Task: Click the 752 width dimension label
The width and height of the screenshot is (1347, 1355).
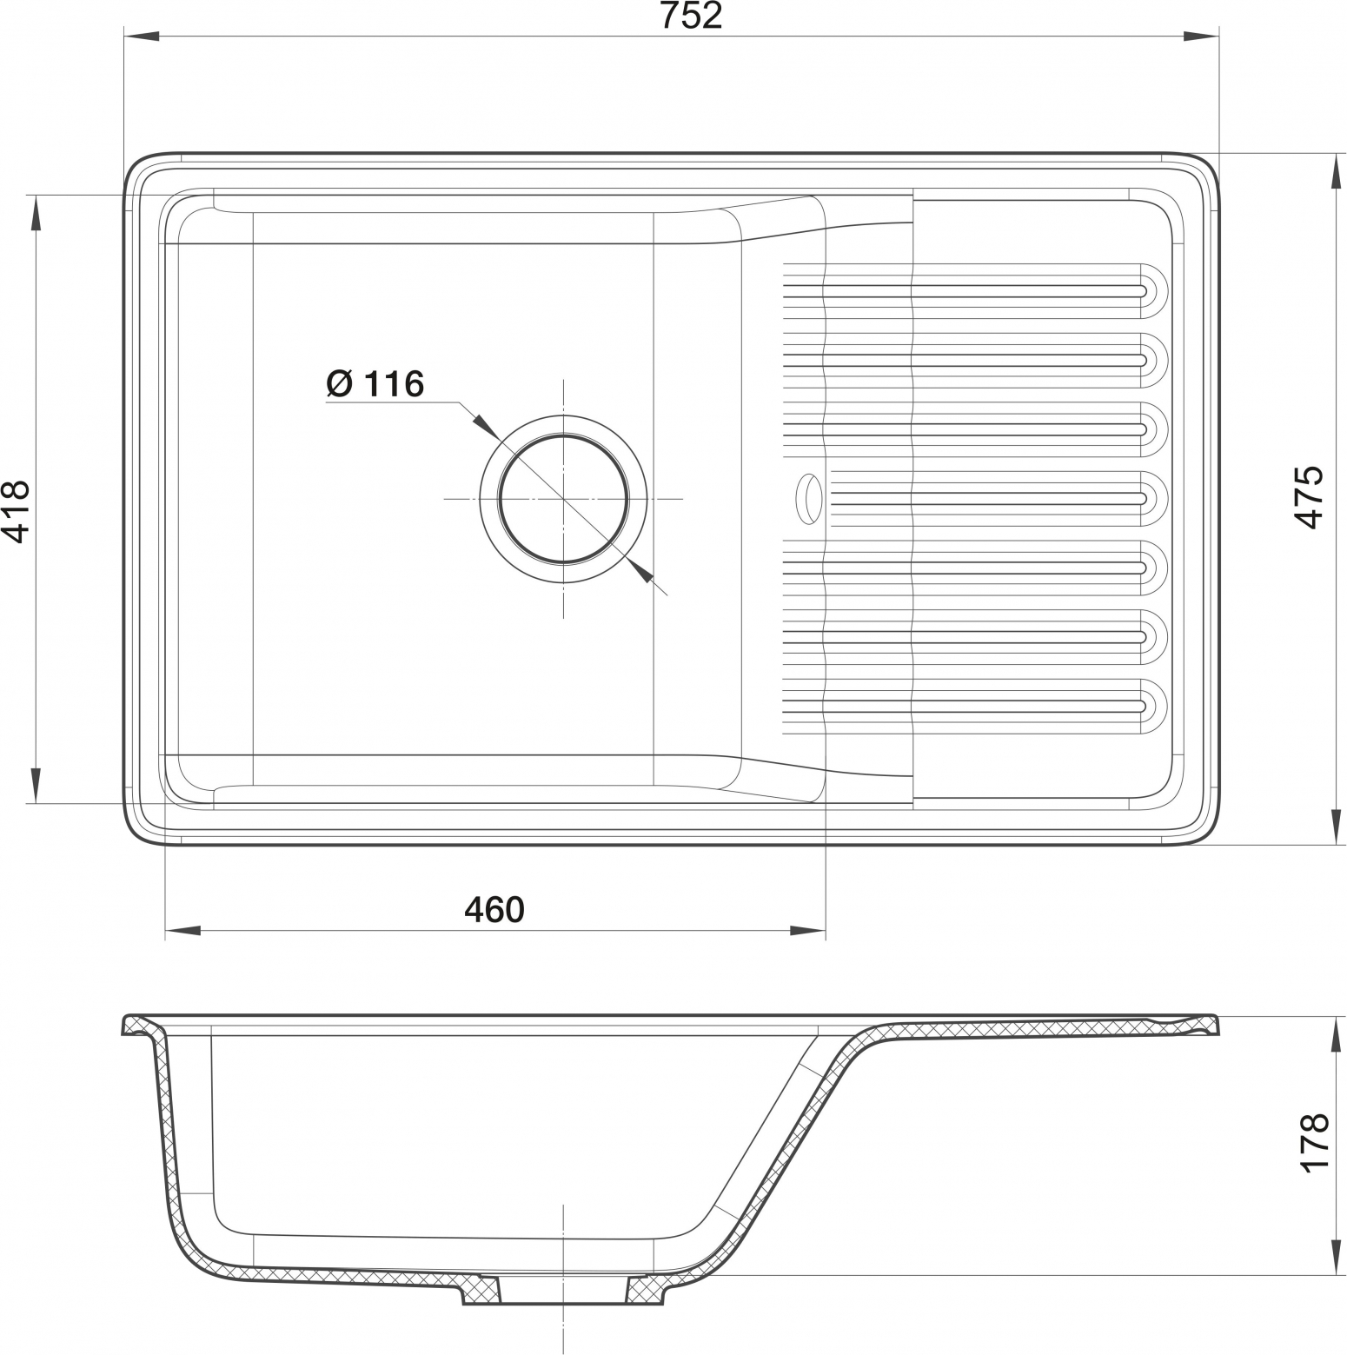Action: pyautogui.click(x=691, y=16)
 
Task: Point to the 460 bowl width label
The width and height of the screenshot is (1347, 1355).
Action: pyautogui.click(x=494, y=909)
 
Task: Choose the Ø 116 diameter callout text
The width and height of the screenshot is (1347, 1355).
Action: pyautogui.click(x=375, y=383)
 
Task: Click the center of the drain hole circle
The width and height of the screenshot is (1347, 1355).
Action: pyautogui.click(x=563, y=499)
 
